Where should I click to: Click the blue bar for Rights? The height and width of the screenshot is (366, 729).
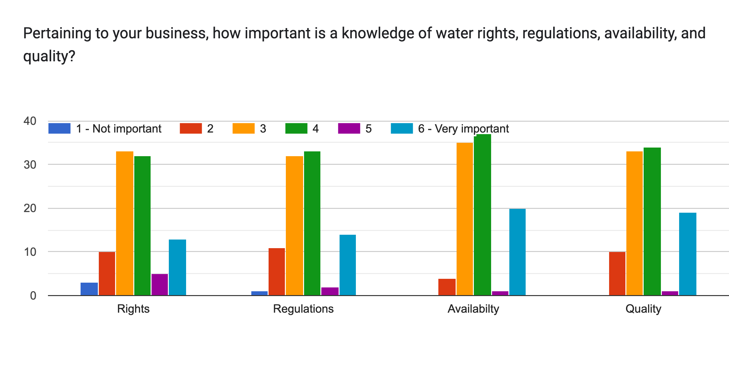(x=89, y=289)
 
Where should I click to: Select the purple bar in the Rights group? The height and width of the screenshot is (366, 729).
(x=160, y=285)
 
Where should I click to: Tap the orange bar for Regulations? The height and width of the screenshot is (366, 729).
(x=294, y=225)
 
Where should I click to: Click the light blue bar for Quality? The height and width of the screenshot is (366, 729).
(x=687, y=254)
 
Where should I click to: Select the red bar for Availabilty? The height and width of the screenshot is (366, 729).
(x=447, y=287)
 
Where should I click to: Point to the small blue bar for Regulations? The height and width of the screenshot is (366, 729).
(x=259, y=293)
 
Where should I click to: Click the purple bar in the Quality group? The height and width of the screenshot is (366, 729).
(x=670, y=293)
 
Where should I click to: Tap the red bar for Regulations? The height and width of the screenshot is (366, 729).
(x=277, y=271)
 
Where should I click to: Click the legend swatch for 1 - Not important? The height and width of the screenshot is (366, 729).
(x=59, y=128)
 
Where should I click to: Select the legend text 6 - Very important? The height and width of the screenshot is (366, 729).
(x=463, y=129)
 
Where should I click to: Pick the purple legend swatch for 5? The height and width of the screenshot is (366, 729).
(x=349, y=128)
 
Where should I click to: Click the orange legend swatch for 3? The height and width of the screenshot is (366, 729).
(x=243, y=128)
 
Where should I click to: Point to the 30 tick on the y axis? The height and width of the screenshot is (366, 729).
(x=30, y=165)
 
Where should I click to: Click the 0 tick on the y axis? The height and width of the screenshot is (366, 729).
(x=33, y=296)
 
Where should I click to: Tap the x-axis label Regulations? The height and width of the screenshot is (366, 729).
(x=303, y=309)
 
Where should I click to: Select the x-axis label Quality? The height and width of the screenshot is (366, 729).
(x=643, y=309)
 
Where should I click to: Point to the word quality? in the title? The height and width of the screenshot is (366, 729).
(x=49, y=56)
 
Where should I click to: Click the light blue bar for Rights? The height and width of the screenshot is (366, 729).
(x=177, y=267)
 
